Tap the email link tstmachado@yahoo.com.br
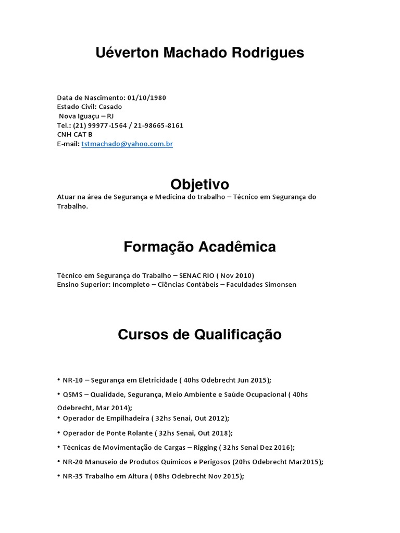click(127, 144)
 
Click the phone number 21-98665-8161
click(159, 125)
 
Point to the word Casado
click(110, 107)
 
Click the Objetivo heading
click(199, 184)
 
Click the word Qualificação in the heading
click(238, 334)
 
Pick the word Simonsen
click(280, 285)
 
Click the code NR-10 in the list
click(72, 380)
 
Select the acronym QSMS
click(72, 395)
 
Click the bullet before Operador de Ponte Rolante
click(59, 433)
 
